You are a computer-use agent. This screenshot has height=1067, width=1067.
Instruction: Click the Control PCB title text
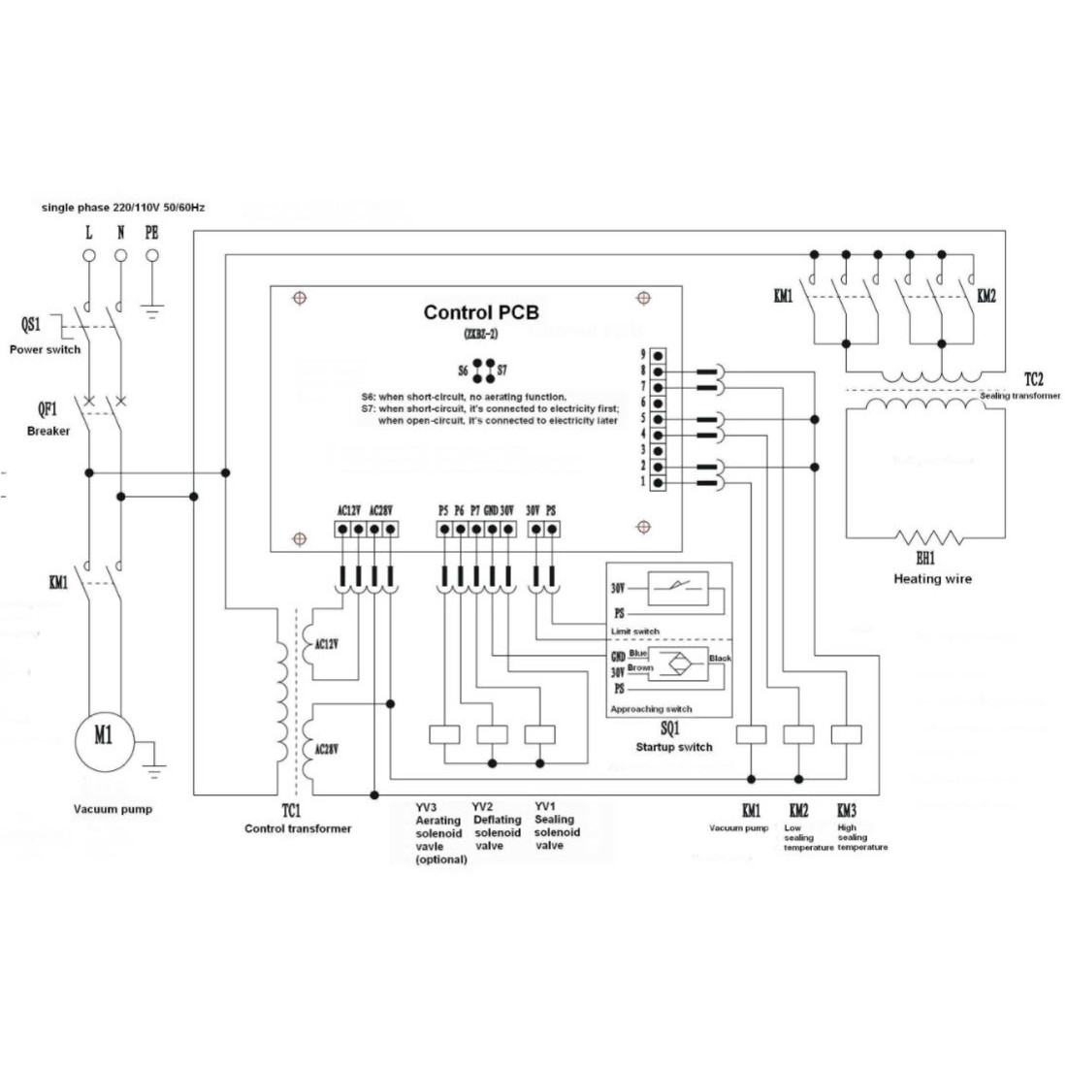pos(481,312)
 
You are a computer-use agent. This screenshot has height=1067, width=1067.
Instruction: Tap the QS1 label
pos(32,325)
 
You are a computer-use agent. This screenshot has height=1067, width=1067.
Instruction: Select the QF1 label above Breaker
pos(46,411)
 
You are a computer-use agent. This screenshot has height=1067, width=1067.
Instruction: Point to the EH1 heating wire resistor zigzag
pos(925,537)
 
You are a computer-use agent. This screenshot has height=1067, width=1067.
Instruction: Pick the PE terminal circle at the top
pos(152,256)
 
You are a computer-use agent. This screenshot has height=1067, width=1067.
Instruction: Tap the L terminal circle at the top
pos(88,256)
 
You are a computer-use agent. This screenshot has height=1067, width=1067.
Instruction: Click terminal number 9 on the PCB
pos(642,355)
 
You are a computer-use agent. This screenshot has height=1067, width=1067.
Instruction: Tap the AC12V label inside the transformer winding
pos(328,642)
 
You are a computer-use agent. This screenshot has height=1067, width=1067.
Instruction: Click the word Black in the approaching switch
pos(720,659)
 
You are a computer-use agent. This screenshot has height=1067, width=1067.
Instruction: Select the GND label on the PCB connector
pos(491,509)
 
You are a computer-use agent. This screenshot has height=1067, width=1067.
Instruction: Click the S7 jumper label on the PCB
pos(502,371)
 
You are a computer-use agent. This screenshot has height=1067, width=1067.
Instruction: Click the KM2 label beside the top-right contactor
pos(986,296)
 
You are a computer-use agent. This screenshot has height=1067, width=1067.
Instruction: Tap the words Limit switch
pos(635,631)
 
